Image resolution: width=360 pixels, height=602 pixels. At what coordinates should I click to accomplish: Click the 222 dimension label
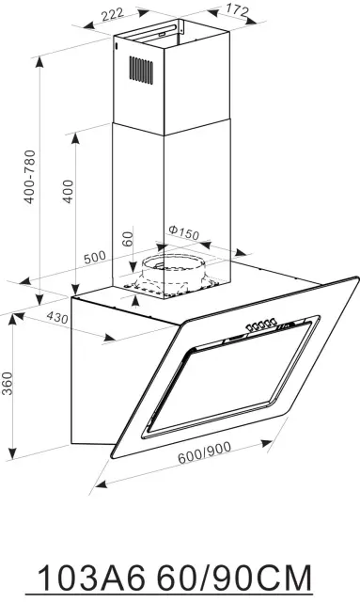[x=113, y=15]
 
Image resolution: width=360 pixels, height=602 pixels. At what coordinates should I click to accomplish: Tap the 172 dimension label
[x=237, y=9]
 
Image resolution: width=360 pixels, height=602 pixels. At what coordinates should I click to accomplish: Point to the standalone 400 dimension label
[x=69, y=191]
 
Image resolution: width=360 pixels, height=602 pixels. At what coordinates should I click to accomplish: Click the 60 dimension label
[x=128, y=239]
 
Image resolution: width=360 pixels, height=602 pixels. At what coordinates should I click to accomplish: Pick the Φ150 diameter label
[x=184, y=231]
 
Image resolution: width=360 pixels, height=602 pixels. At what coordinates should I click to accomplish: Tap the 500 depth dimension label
[x=94, y=257]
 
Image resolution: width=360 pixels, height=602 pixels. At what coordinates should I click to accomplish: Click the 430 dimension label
[x=57, y=317]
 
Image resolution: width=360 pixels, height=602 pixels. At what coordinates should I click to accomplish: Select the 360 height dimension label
[x=8, y=383]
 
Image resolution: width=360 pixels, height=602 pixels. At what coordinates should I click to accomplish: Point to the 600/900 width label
[x=204, y=452]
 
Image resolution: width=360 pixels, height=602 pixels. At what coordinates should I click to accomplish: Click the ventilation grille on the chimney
[x=141, y=69]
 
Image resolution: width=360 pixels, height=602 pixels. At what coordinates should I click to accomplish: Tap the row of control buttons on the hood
[x=261, y=325]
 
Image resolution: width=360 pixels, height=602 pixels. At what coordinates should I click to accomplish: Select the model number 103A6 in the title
[x=92, y=578]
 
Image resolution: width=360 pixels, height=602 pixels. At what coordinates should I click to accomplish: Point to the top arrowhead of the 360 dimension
[x=13, y=320]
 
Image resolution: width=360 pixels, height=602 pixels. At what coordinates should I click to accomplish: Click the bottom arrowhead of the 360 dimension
[x=13, y=453]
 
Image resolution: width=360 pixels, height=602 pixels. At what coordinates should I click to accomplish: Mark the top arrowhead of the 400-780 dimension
[x=39, y=64]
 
